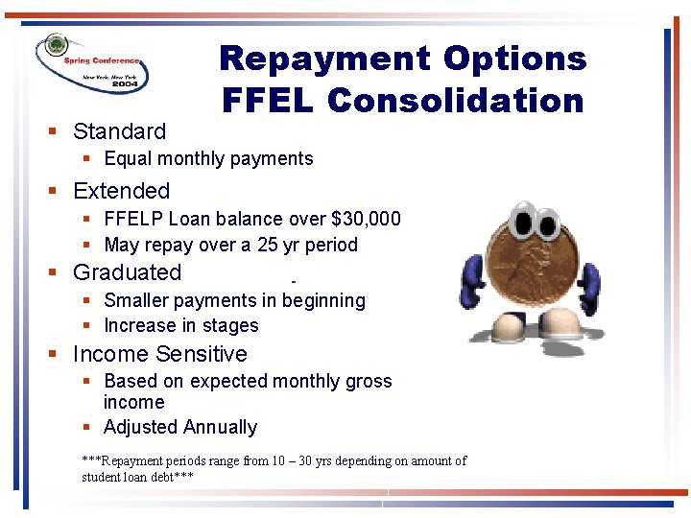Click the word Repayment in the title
[x=322, y=59]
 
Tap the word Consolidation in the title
[x=456, y=100]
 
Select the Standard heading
[x=119, y=131]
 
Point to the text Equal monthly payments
[x=208, y=158]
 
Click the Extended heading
[x=121, y=191]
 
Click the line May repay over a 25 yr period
[x=230, y=245]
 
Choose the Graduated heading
[x=127, y=272]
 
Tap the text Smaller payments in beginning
[x=234, y=300]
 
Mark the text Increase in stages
[x=180, y=325]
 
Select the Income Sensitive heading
[x=159, y=354]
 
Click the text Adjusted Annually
[x=180, y=427]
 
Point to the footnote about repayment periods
[x=274, y=468]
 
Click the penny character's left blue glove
[x=474, y=278]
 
